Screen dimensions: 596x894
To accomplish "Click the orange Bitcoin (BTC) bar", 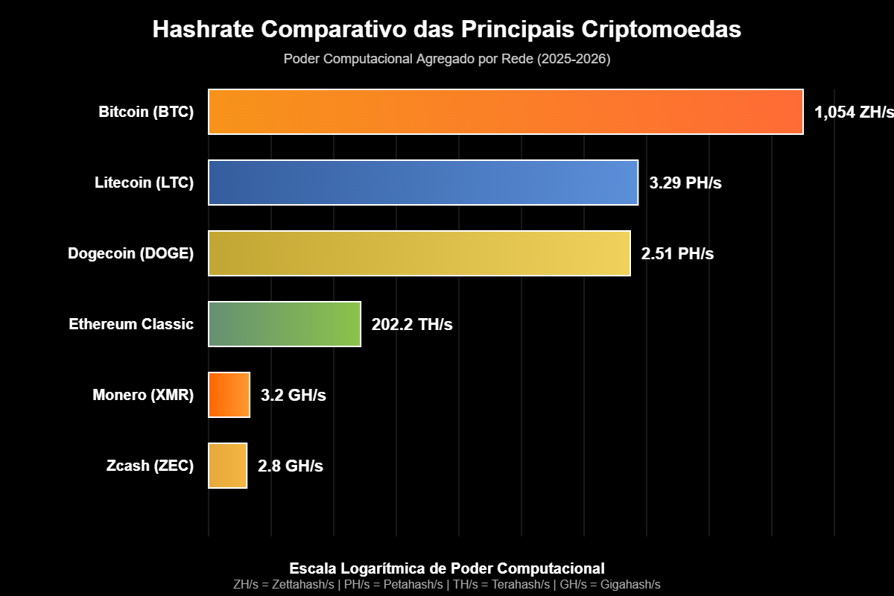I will click(505, 112).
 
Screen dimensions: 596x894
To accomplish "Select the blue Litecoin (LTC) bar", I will click(422, 183).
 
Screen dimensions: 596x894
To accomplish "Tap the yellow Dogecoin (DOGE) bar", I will click(419, 253).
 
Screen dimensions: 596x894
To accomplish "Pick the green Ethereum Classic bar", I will click(284, 324).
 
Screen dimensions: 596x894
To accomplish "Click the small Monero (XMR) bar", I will click(229, 395).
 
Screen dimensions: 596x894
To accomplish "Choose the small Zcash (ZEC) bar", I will click(227, 466).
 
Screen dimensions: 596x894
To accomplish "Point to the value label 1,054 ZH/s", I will click(852, 112).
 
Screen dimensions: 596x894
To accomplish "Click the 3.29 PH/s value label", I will click(685, 183).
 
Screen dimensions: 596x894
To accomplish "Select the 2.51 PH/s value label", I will click(677, 254).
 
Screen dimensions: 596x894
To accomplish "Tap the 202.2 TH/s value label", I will click(411, 325).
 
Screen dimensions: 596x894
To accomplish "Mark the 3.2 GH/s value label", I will click(293, 396).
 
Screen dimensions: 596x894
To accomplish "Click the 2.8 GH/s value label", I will click(290, 466).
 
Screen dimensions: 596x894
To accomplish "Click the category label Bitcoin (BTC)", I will click(146, 112).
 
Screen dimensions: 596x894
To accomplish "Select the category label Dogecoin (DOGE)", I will click(130, 254).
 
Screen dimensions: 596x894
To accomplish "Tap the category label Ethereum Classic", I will click(131, 325).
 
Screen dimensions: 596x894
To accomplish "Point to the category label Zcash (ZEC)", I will click(150, 466).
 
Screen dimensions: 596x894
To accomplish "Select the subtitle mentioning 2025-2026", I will click(447, 60).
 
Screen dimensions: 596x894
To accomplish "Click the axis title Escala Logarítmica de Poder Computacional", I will click(447, 568).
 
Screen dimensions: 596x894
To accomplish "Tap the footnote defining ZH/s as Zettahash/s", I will click(283, 584).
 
